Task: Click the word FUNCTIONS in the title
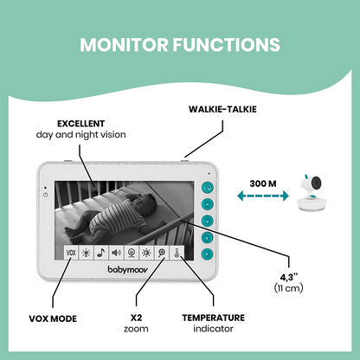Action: pos(226,43)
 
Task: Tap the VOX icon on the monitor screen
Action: pos(71,254)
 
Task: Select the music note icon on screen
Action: pos(100,254)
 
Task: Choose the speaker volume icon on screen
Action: pos(115,254)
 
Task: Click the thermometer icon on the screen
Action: pos(175,254)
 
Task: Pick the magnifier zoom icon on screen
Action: pos(160,254)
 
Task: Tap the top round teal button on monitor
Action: pos(207,187)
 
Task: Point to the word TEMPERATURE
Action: pos(214,318)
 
